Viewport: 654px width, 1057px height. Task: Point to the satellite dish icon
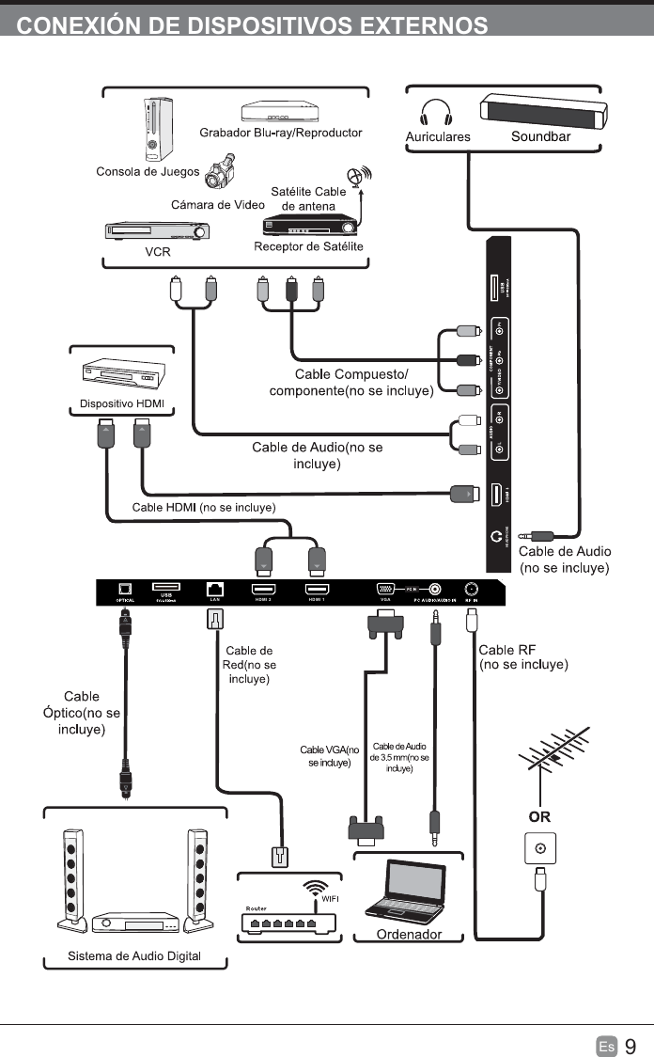coord(357,177)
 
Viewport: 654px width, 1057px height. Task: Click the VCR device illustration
coord(155,231)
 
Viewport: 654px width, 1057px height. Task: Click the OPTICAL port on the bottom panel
coord(125,589)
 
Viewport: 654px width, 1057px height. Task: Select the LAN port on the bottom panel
coord(213,589)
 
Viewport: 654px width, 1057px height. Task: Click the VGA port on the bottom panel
coord(385,589)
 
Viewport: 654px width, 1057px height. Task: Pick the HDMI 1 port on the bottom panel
coord(317,589)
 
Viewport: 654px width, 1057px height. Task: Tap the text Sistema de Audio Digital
coord(135,956)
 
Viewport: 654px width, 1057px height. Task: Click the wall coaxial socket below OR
coord(539,849)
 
